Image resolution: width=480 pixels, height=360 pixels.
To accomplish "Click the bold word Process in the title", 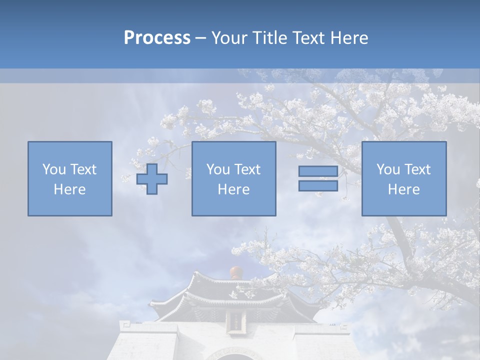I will tap(157, 38).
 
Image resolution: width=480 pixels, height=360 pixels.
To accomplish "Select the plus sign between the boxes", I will tap(152, 179).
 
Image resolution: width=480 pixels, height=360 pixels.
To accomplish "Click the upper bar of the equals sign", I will tap(318, 171).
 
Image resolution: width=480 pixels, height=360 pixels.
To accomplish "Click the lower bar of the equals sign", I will tap(318, 185).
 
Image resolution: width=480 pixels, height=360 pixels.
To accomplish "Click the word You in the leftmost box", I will tap(54, 169).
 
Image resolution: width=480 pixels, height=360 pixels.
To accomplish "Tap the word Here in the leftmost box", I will tap(70, 189).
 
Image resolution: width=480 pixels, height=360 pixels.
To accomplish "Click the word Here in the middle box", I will tap(234, 189).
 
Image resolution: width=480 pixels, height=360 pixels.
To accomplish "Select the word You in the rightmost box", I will tap(388, 169).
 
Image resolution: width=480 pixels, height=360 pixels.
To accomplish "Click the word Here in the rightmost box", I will tap(404, 189).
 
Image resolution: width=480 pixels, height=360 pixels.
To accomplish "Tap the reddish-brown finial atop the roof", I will tap(236, 273).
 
